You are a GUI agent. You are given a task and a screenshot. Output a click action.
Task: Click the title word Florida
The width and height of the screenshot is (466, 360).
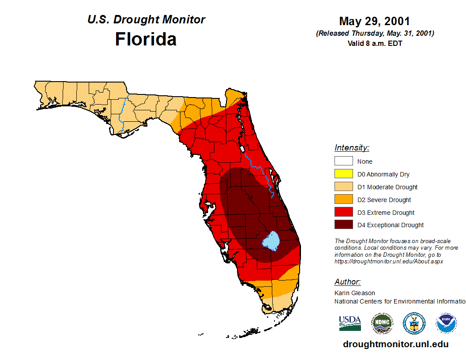point(146,39)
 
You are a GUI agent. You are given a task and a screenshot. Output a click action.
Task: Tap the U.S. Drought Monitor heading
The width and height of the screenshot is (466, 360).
point(146,20)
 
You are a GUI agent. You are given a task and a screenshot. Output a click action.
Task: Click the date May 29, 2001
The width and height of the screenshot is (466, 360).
point(375,21)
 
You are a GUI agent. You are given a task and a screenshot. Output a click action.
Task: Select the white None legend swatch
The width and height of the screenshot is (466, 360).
point(343,161)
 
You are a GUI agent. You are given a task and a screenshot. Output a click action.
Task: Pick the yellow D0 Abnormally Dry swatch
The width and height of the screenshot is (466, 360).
point(343,174)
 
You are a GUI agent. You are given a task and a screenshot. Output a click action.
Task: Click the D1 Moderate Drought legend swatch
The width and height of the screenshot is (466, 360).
point(343,187)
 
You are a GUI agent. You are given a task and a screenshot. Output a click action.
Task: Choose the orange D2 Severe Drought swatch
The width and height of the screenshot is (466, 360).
point(343,200)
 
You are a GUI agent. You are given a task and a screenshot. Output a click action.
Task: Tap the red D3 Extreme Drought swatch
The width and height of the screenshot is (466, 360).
point(343,213)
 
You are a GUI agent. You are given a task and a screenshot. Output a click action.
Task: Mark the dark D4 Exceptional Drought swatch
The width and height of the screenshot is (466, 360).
point(343,225)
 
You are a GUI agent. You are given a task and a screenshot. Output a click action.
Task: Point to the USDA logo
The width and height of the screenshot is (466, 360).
point(349,323)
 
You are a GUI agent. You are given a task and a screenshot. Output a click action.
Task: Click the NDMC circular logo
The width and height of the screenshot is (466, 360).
point(382,323)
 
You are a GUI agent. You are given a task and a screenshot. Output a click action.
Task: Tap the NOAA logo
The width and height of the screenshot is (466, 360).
point(446,323)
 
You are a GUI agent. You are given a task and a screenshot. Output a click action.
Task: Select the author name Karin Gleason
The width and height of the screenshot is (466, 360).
point(355,293)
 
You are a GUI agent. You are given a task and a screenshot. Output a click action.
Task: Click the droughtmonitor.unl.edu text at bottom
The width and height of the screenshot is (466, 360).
point(395,345)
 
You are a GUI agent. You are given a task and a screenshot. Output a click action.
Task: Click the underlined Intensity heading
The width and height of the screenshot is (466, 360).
point(352,148)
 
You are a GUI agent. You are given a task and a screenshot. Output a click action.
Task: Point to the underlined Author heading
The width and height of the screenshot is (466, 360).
point(347,282)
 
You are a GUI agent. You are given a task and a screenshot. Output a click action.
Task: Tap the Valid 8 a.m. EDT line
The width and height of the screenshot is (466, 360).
point(375,43)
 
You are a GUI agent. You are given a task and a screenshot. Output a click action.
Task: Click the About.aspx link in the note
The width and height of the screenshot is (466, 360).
point(388,261)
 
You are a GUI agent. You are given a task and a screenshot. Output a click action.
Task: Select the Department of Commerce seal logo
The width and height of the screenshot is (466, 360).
point(414,323)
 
